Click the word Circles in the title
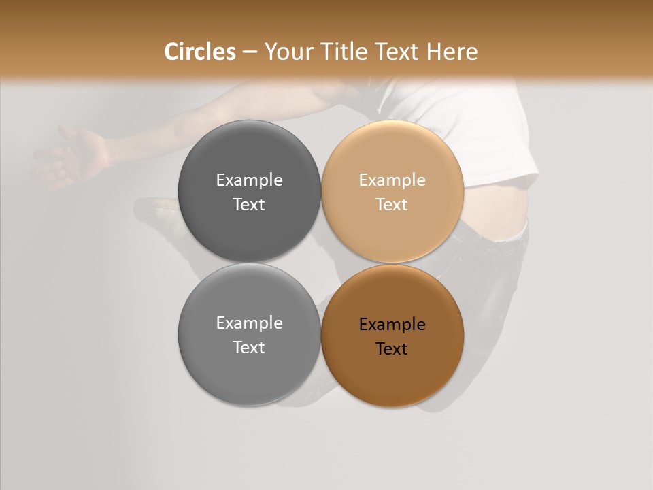pos(199,52)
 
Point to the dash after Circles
pos(249,52)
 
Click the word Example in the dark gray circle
pos(249,180)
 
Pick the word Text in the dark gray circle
pos(249,205)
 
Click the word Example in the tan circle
pos(392,180)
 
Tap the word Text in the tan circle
pos(392,205)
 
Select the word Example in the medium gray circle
pos(249,323)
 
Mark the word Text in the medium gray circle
pos(249,348)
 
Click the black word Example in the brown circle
pos(392,325)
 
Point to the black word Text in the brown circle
pos(392,349)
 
